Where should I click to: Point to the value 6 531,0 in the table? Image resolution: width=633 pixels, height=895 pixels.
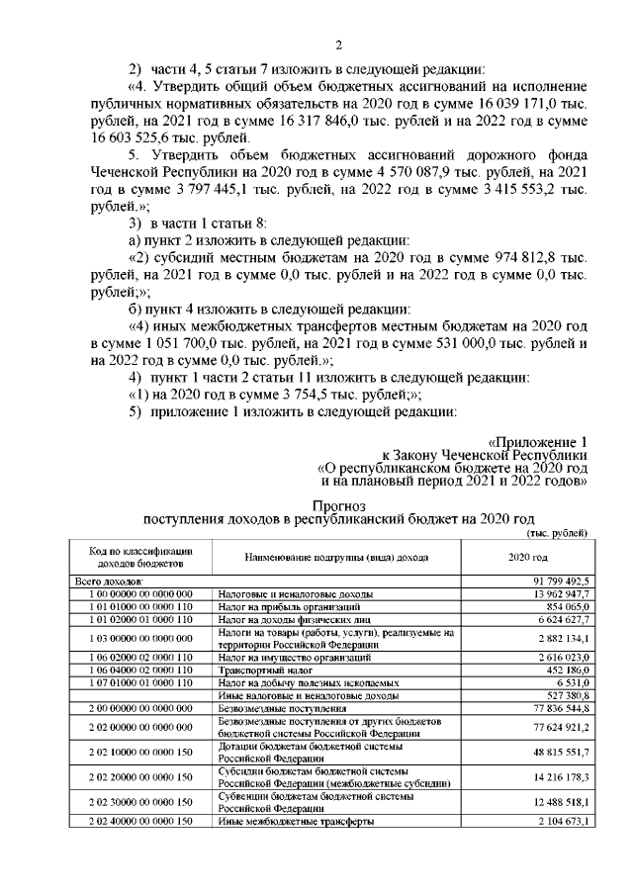tap(571, 682)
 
